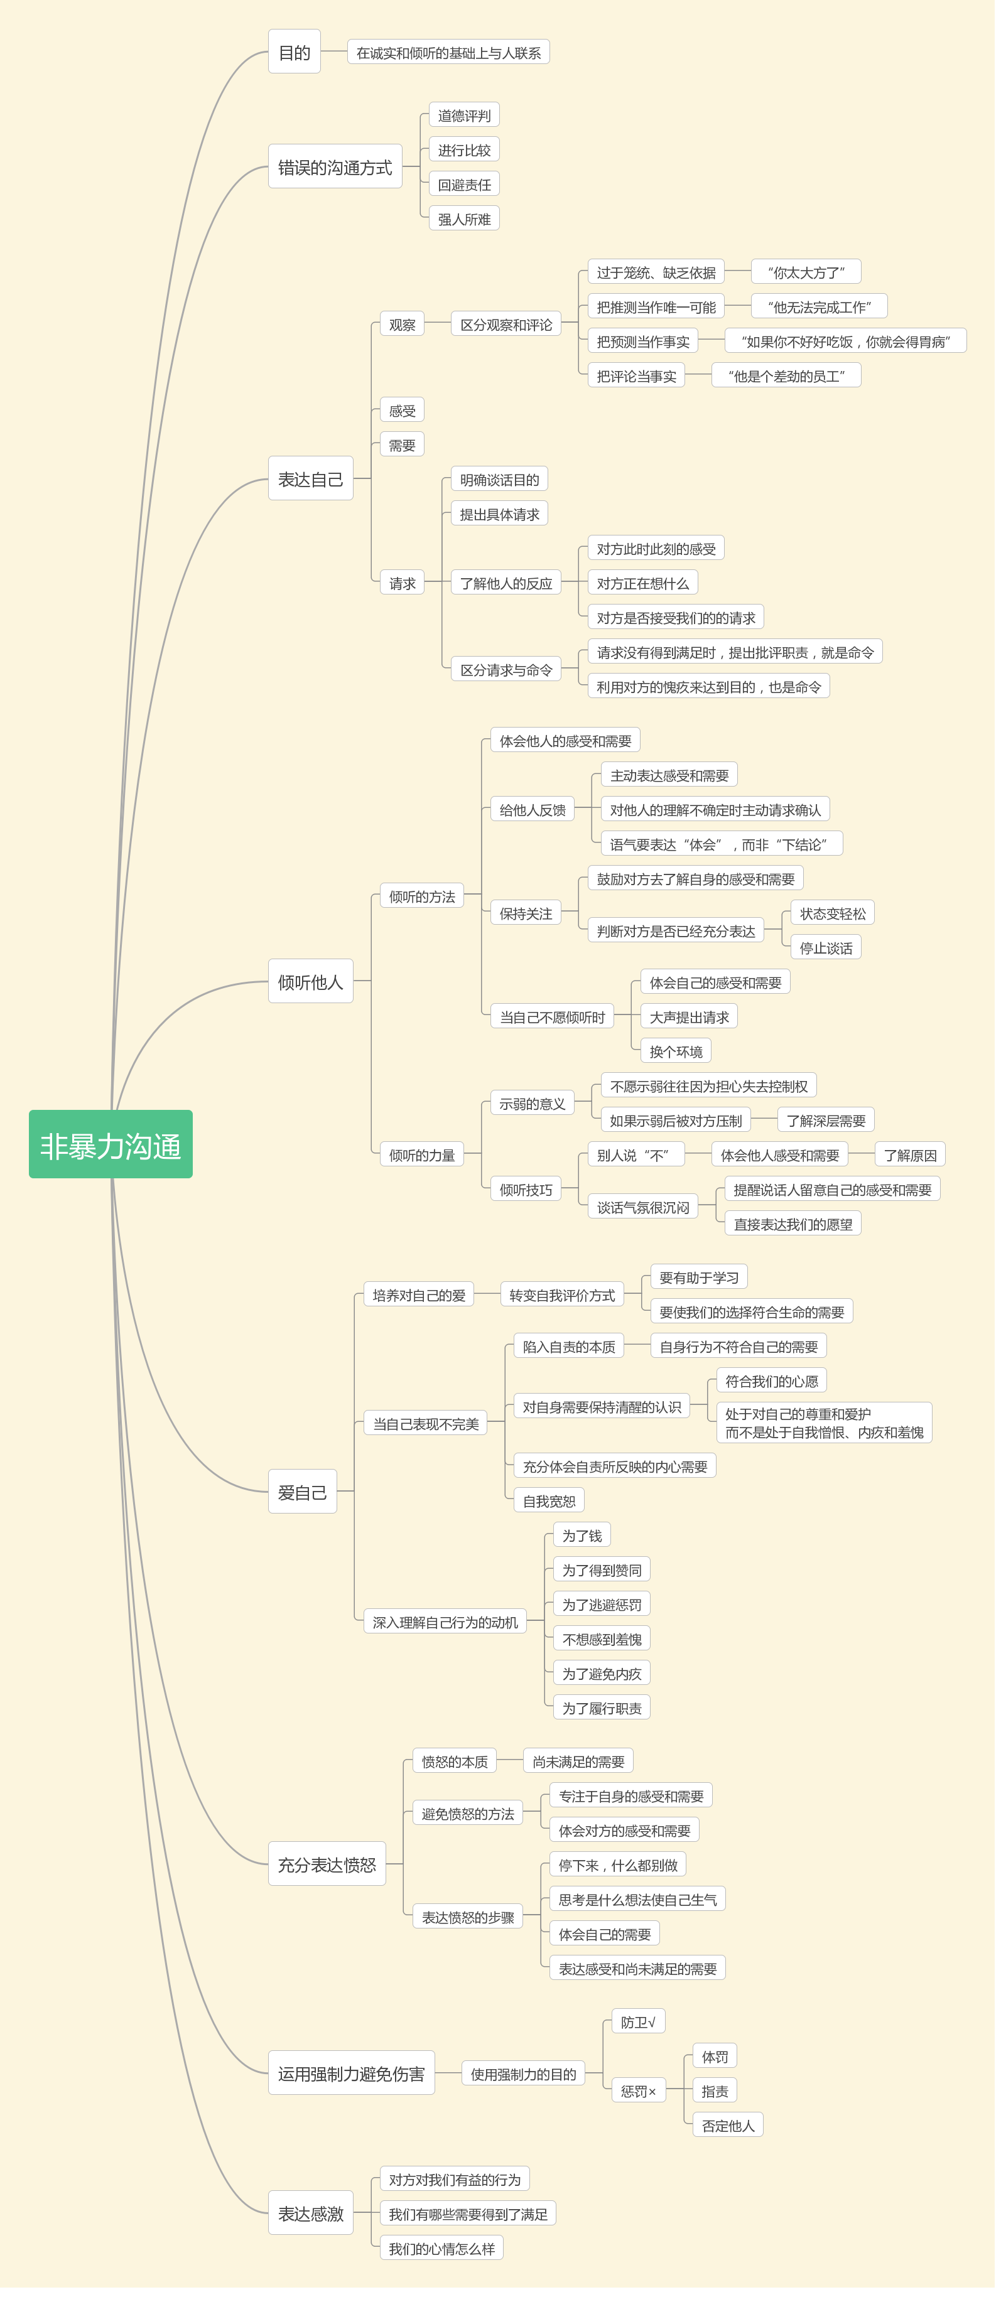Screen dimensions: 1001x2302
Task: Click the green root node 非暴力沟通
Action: click(x=111, y=1144)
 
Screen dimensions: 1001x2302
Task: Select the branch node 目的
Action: click(x=294, y=52)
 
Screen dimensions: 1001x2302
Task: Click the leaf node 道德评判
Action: click(x=464, y=116)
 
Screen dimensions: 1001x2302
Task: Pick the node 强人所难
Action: click(x=464, y=219)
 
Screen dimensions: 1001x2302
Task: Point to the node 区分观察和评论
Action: click(x=506, y=325)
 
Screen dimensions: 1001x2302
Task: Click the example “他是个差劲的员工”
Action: click(x=786, y=376)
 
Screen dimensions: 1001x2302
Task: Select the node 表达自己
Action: click(x=310, y=479)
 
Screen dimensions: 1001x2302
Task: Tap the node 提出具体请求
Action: click(x=499, y=514)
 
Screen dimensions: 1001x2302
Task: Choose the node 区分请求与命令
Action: click(x=506, y=669)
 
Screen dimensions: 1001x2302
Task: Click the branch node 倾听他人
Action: click(x=310, y=981)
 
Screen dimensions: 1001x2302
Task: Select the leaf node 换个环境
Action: click(x=676, y=1051)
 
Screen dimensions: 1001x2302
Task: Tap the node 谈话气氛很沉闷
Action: click(x=642, y=1207)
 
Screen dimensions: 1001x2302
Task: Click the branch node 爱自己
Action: click(x=302, y=1492)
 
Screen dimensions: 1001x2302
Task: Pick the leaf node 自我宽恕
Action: click(x=549, y=1500)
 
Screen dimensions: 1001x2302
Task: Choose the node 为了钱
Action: click(x=582, y=1536)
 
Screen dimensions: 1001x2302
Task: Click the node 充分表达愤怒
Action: click(x=326, y=1864)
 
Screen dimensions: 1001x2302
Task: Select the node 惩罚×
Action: click(x=638, y=2091)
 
